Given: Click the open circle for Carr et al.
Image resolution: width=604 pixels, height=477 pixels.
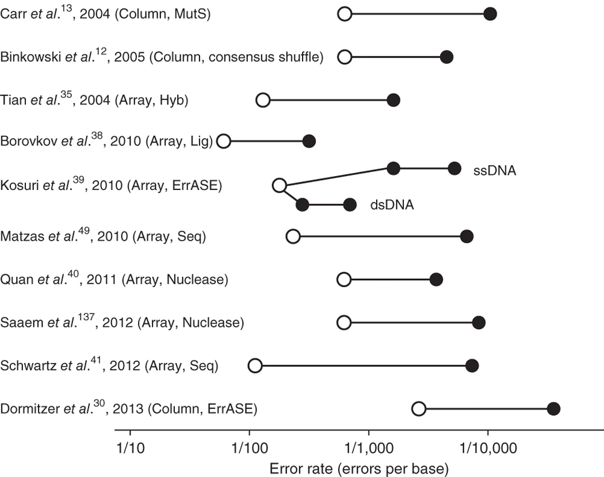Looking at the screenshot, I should coord(344,14).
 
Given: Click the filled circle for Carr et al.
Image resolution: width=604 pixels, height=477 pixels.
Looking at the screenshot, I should coord(490,14).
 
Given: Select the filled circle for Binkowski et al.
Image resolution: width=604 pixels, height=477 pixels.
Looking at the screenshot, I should coord(446,57).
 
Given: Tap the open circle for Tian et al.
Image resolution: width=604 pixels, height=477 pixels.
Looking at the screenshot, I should coord(263,100).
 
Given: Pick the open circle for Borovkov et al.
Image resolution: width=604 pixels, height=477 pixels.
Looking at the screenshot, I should coord(224,140).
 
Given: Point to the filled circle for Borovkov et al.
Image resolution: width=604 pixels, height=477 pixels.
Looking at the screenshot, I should coord(309,140).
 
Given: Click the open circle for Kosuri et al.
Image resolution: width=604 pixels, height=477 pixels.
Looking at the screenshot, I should coord(279,185).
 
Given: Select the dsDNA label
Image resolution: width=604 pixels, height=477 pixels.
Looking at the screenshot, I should coord(391,205).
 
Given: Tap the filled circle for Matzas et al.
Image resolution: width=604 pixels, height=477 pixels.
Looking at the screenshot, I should coord(467,236).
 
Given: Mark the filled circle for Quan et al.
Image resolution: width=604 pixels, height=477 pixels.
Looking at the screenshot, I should coord(436,280).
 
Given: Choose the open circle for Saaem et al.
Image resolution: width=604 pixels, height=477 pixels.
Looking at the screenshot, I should coord(344,323).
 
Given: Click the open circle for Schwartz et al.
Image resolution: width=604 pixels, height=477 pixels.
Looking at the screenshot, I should coord(255,365).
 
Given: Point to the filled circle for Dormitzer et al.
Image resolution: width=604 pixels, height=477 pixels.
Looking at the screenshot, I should coord(553,409).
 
